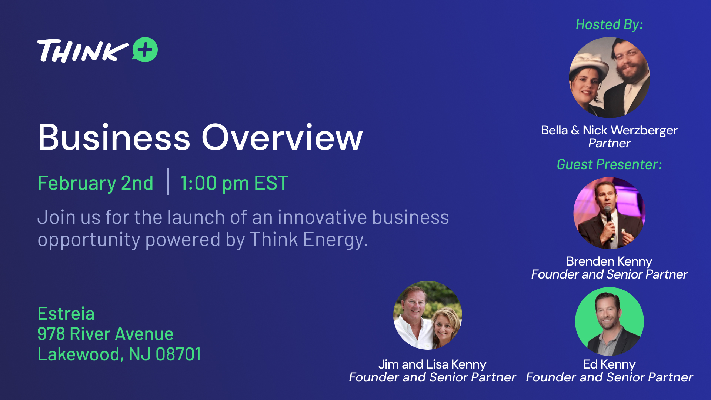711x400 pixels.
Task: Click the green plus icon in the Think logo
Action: pyautogui.click(x=145, y=50)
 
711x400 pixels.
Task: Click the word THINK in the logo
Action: pyautogui.click(x=83, y=51)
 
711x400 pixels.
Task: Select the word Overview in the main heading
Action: pyautogui.click(x=282, y=137)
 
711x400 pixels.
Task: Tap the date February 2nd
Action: pyautogui.click(x=96, y=183)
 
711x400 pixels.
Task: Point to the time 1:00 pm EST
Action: pyautogui.click(x=234, y=183)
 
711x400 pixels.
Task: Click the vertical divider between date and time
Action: pyautogui.click(x=168, y=181)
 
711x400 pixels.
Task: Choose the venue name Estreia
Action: pyautogui.click(x=66, y=314)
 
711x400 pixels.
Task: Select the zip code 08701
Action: pyautogui.click(x=178, y=354)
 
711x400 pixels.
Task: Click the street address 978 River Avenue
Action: pyautogui.click(x=106, y=334)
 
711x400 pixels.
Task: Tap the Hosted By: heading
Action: pyautogui.click(x=609, y=24)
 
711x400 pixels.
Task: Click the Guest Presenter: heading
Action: pyautogui.click(x=609, y=164)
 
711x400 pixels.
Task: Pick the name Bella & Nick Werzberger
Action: pyautogui.click(x=609, y=130)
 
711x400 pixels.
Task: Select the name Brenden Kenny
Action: pyautogui.click(x=609, y=261)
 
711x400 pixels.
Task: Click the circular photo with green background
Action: pyautogui.click(x=609, y=321)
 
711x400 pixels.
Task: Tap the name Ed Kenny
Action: pyautogui.click(x=609, y=364)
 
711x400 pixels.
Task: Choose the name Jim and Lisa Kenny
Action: pyautogui.click(x=432, y=364)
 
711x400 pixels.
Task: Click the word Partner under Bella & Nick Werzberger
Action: pyautogui.click(x=609, y=143)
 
